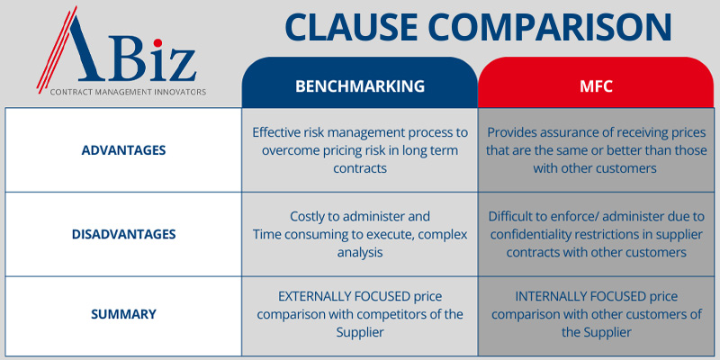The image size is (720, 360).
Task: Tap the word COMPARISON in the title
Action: click(x=552, y=28)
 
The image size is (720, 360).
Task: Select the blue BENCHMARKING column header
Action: click(x=359, y=86)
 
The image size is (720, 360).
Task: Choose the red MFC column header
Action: click(x=596, y=86)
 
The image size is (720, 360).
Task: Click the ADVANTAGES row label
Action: click(x=123, y=150)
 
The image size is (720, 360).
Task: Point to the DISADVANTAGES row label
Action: click(x=123, y=234)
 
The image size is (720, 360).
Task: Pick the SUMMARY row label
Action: click(x=123, y=314)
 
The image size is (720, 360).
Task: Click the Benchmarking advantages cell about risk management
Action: click(x=360, y=150)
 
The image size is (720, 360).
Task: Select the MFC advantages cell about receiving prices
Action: click(x=596, y=150)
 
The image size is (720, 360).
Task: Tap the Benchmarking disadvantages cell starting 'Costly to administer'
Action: click(x=360, y=234)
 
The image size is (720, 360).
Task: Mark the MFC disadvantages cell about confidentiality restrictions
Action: click(x=596, y=234)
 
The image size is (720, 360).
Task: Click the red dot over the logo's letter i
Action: click(x=157, y=42)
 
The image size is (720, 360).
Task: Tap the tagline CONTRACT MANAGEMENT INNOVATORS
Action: click(x=128, y=92)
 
